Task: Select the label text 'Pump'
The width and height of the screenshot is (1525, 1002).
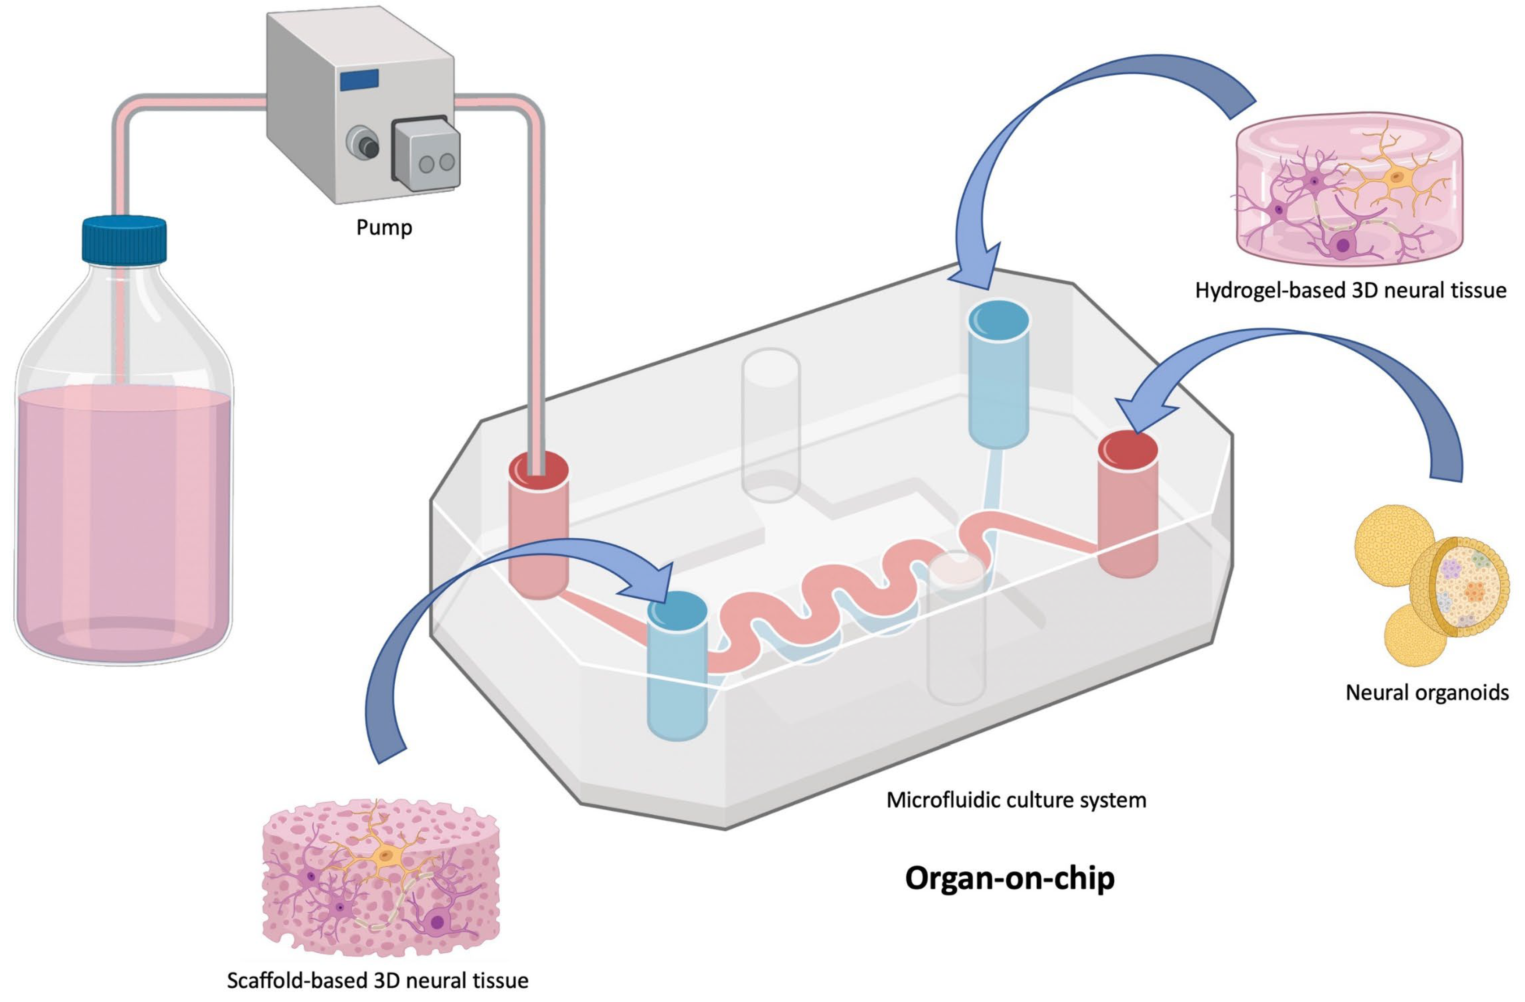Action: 384,227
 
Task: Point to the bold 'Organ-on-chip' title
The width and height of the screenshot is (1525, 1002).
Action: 1009,878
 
